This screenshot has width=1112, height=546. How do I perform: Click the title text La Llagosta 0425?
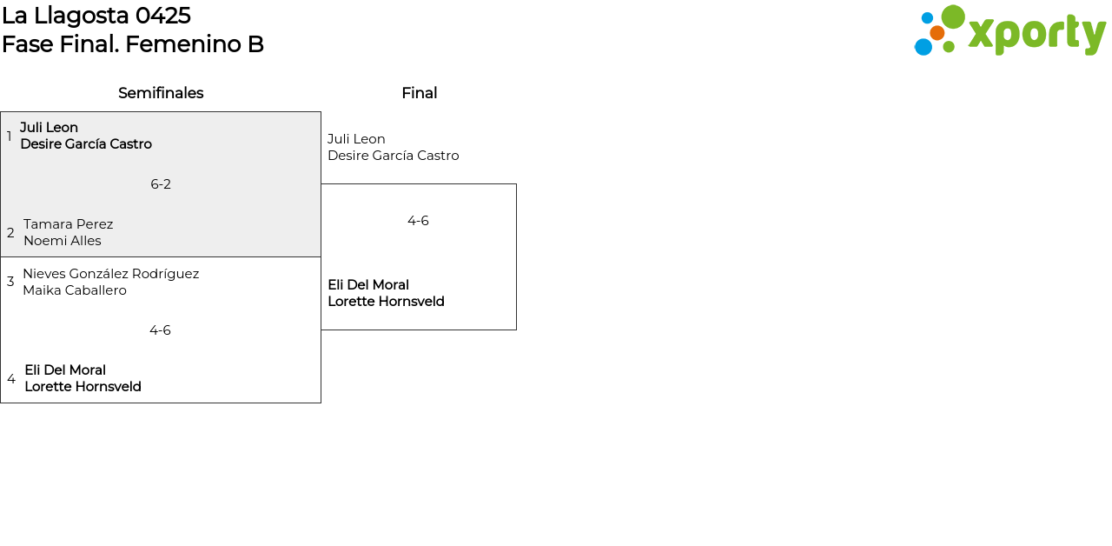96,16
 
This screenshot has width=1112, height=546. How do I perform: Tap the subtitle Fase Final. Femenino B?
133,44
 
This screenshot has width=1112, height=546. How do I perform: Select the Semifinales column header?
161,93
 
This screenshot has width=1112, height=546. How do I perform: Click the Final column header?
419,93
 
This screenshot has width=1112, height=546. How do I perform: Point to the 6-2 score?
161,184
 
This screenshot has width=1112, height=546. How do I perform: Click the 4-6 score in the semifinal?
160,330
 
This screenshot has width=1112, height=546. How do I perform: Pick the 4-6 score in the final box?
418,221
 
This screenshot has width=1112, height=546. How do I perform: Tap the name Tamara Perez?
68,224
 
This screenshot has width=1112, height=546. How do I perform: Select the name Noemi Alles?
63,241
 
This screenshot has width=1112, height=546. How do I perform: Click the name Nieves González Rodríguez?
110,274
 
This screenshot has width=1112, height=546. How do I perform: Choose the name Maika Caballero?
75,290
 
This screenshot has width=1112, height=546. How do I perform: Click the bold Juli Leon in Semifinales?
49,128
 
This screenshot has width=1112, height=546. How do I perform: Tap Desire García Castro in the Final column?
393,156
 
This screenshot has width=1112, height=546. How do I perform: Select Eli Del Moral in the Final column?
368,285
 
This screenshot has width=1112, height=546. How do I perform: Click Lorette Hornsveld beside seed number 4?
83,387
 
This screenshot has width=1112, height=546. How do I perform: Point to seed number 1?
10,136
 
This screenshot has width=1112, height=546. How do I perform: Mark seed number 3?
10,282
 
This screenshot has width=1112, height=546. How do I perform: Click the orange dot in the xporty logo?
937,33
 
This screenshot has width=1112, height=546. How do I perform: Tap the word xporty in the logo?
1036,35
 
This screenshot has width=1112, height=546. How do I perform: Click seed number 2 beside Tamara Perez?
10,233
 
